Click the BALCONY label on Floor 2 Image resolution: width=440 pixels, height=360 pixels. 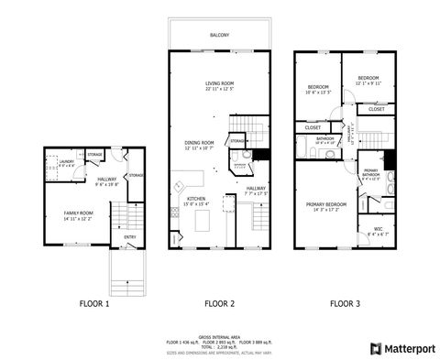point(218,34)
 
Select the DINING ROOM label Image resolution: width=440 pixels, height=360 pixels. point(200,143)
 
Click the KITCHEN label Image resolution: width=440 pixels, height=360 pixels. point(195,199)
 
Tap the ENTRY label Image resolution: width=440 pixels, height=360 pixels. point(116,238)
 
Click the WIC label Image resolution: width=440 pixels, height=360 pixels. point(378,229)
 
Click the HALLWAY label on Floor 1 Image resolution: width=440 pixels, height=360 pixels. point(106,180)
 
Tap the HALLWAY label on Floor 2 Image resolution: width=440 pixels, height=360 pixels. point(256,190)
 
